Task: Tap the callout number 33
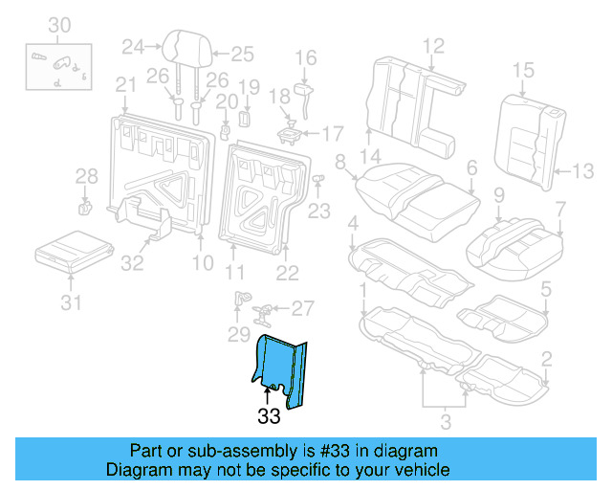click(269, 416)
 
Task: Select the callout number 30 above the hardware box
click(58, 24)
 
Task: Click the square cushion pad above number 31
click(70, 251)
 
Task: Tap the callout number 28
click(87, 176)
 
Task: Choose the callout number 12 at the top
click(433, 44)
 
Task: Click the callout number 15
click(522, 69)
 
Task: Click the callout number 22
click(286, 273)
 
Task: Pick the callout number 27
click(301, 308)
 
